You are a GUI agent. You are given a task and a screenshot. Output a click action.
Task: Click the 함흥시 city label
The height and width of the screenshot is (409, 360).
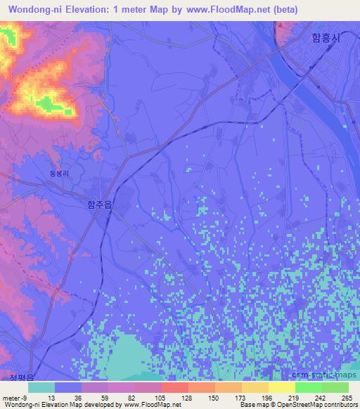[325, 38]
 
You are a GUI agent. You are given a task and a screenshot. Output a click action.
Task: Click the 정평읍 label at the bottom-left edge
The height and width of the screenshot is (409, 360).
[21, 378]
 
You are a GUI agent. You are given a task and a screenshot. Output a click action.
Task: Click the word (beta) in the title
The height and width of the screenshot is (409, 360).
[283, 10]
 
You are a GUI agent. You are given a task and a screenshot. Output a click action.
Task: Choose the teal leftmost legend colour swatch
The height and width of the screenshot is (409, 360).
[41, 387]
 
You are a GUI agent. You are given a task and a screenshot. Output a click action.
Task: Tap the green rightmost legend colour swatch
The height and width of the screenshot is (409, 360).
[335, 387]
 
